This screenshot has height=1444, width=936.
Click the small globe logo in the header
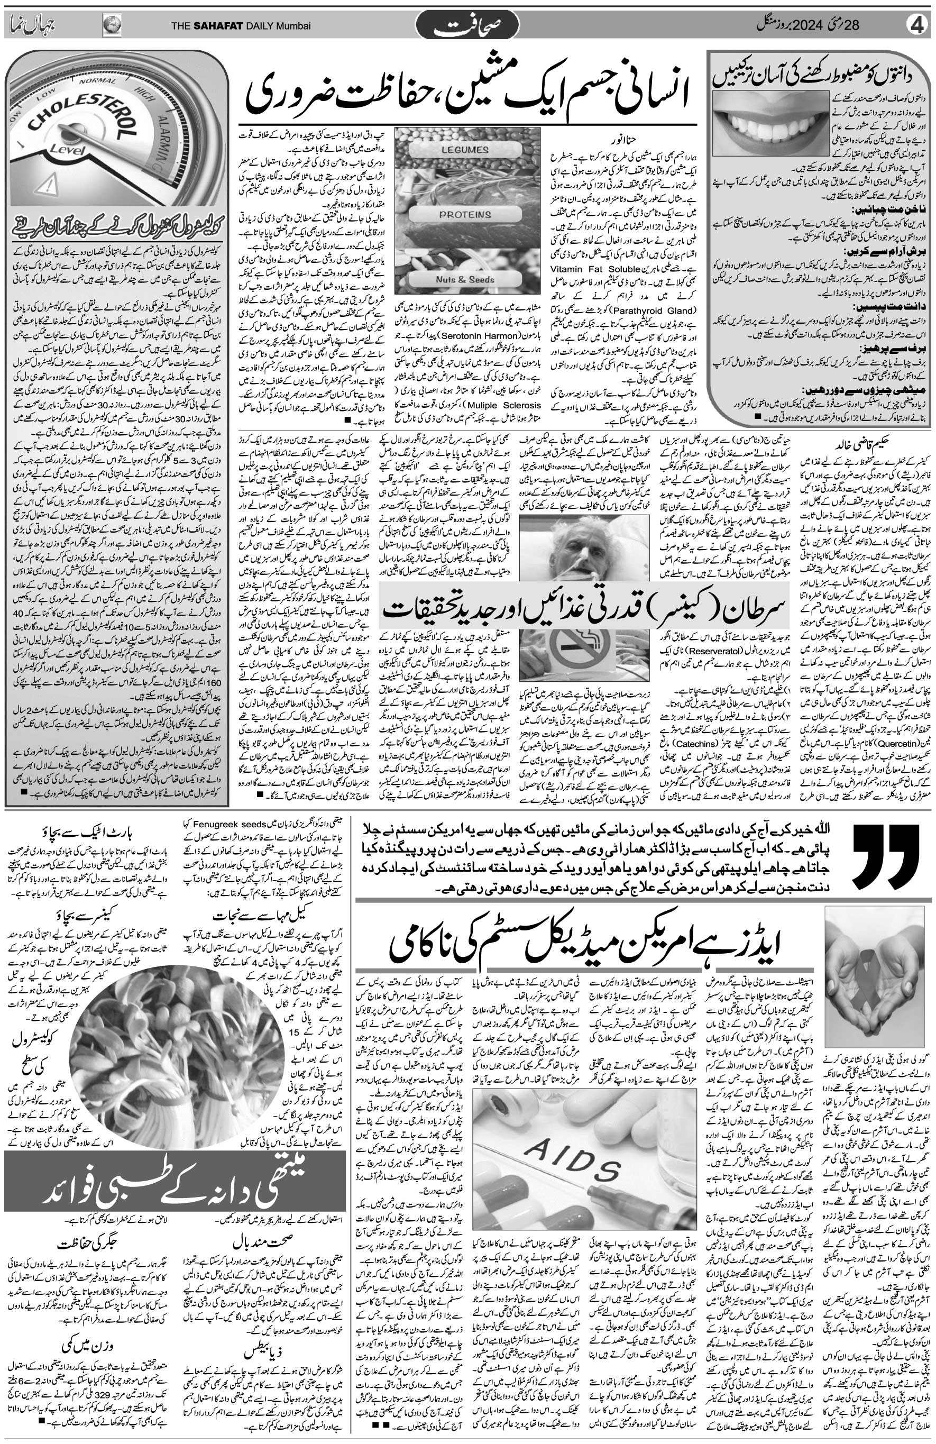pos(112,25)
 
